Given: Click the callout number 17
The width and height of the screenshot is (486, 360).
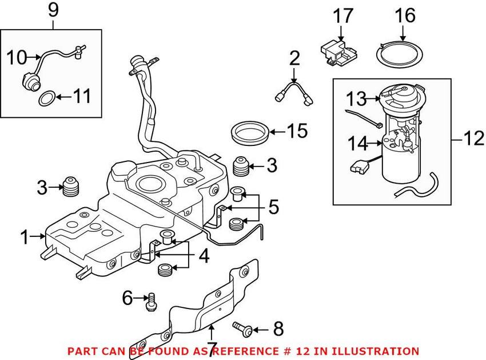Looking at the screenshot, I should (344, 16).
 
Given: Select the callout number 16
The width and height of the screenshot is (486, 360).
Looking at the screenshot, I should (405, 16).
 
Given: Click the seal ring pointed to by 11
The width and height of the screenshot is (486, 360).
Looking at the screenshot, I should (48, 99).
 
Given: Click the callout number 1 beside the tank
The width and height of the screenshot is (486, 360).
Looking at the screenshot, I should (24, 236).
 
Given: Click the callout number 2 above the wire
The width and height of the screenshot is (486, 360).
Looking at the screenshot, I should (294, 57).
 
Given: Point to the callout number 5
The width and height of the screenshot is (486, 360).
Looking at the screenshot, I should (273, 207).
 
